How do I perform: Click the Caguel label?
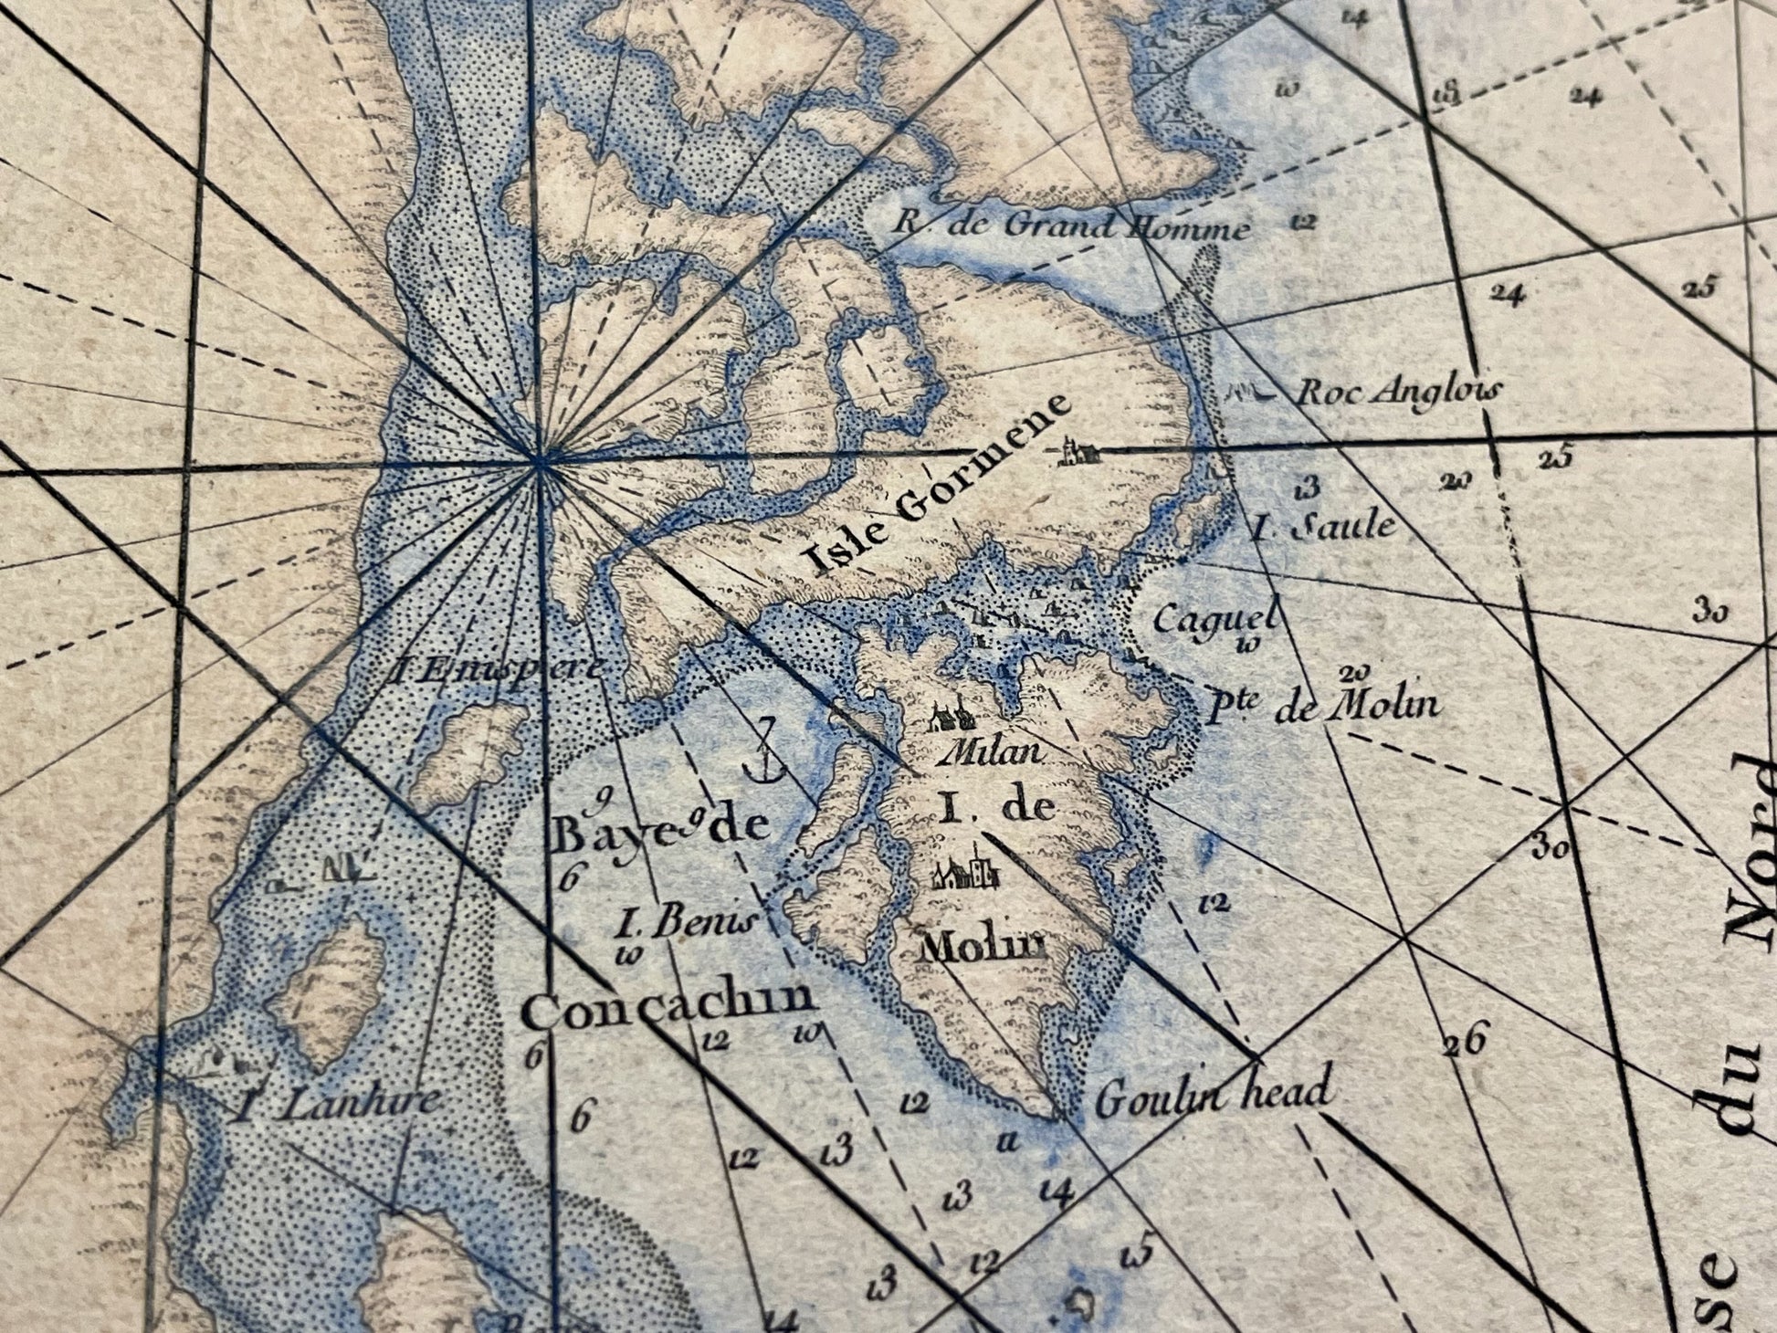click(1213, 620)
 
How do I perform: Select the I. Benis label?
click(687, 923)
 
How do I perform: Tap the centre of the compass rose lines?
click(541, 463)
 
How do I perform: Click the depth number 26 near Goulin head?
click(1465, 1040)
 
